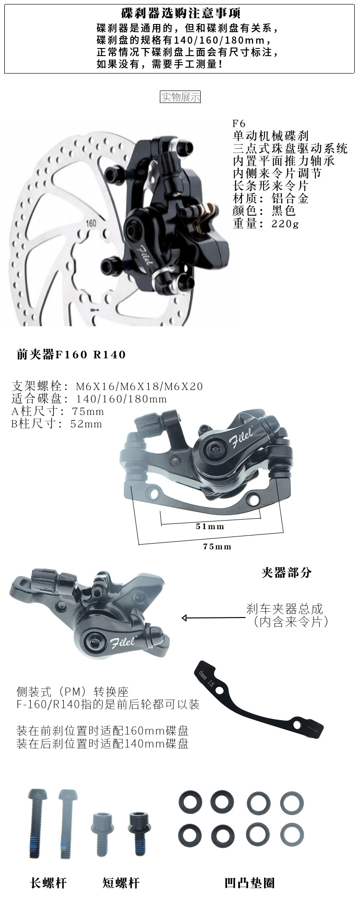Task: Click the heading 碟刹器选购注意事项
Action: (x=181, y=13)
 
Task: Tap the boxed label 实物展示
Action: (x=180, y=97)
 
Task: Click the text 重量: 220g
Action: (x=265, y=223)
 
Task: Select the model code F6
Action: (x=239, y=123)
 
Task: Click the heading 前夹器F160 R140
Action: (x=71, y=355)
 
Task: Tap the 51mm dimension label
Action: (x=210, y=526)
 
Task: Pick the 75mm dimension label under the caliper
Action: (x=217, y=546)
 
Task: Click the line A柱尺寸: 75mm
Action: (x=58, y=411)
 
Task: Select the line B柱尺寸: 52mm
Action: (x=57, y=424)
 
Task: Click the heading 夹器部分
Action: (x=287, y=572)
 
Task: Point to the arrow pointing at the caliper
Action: (x=211, y=618)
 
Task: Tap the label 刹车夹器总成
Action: (x=285, y=609)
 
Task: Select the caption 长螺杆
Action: (x=48, y=882)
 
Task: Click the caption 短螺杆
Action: (x=121, y=882)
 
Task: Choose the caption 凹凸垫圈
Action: (x=250, y=882)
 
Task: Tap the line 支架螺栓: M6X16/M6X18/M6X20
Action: (x=107, y=386)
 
